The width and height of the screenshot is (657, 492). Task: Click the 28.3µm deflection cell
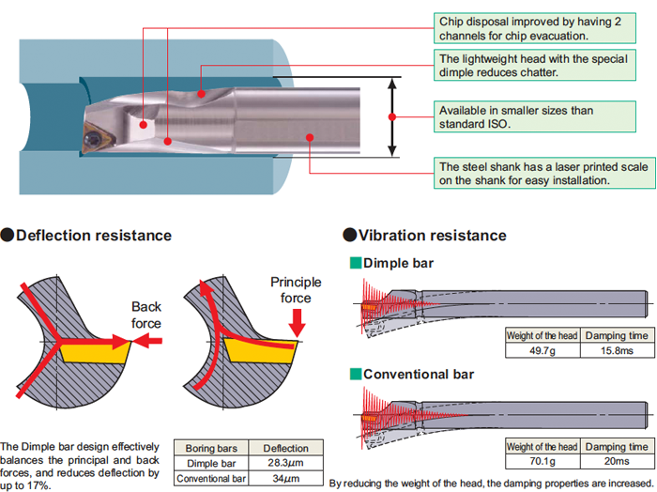tap(285, 463)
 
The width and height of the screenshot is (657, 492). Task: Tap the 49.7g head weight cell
tap(542, 350)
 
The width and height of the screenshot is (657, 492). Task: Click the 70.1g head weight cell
tap(542, 461)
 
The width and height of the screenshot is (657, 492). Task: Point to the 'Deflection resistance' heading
tap(93, 235)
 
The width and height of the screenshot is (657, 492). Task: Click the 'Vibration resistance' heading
tap(432, 235)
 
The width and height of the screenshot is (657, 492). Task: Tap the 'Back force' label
tap(146, 315)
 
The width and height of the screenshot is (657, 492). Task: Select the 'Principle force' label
tap(296, 289)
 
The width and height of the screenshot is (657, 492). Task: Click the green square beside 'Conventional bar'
tap(356, 374)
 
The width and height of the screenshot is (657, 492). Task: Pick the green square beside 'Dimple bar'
tap(356, 263)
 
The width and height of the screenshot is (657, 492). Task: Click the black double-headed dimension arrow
tap(393, 117)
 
